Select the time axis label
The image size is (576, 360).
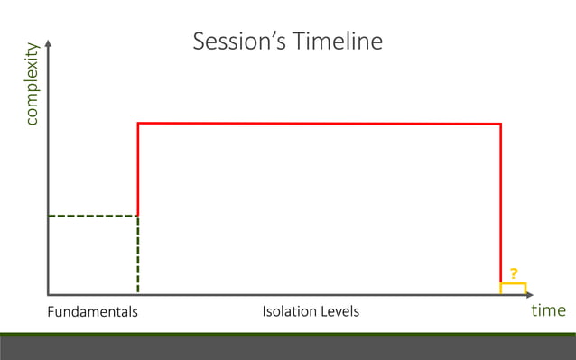coord(548,310)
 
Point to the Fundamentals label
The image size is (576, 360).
coord(92,312)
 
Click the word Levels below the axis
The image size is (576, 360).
coord(339,312)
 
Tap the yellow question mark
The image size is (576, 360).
coord(514,273)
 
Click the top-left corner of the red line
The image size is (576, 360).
coord(137,123)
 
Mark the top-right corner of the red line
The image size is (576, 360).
coord(501,124)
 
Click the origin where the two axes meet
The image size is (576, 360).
coord(47,295)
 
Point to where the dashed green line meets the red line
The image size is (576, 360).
coord(137,216)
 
